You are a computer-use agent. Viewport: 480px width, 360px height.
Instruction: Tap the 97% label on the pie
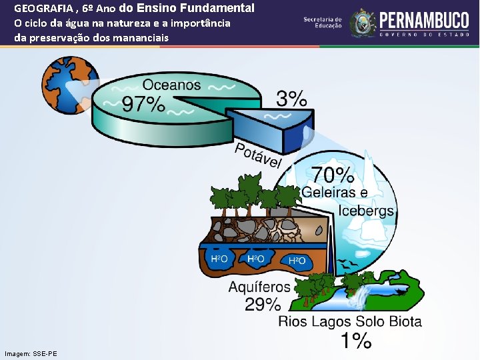[143, 104]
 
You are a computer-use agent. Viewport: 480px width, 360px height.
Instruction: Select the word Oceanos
[171, 85]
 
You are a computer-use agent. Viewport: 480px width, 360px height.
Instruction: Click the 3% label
[292, 99]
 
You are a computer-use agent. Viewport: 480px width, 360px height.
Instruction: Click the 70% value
[333, 175]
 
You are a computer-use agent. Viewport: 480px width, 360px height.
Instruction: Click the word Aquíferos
[259, 287]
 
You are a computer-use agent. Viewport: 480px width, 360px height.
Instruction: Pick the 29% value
[263, 305]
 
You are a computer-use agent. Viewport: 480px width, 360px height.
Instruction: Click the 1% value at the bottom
[356, 341]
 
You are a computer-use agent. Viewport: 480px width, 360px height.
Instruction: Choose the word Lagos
[327, 323]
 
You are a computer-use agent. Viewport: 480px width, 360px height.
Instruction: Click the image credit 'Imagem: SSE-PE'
[31, 353]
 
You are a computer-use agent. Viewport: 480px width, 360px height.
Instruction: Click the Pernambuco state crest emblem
[363, 23]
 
